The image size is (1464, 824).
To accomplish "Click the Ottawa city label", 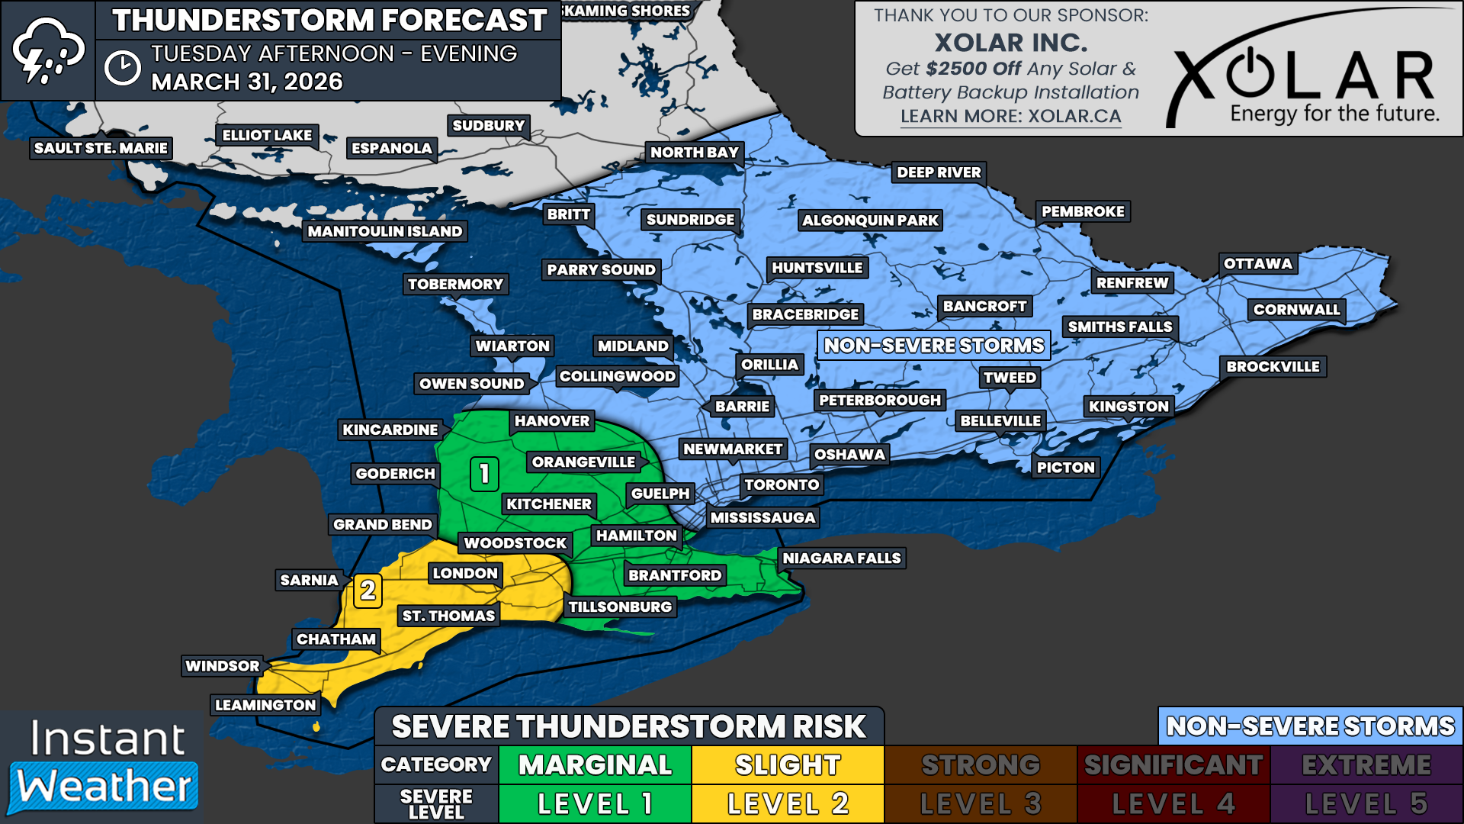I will tap(1257, 264).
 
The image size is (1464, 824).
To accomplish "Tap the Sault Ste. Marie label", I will tap(101, 148).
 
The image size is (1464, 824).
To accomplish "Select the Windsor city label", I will tap(222, 666).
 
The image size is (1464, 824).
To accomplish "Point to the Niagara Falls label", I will tap(841, 558).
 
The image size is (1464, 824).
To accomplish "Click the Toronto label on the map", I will tap(782, 484).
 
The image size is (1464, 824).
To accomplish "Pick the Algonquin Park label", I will tap(870, 220).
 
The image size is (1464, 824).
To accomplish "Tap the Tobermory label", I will tap(455, 285).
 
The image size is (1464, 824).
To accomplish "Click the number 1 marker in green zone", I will tap(484, 474).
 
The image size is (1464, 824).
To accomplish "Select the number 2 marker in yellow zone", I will tap(368, 591).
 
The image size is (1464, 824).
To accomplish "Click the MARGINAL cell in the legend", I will tap(595, 764).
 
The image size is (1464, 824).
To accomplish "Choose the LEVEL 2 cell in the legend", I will tap(788, 803).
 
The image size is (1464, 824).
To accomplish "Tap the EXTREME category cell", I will tap(1366, 764).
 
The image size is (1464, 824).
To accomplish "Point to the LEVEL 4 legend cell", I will tap(1173, 803).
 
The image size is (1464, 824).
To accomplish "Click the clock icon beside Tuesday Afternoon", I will tap(122, 68).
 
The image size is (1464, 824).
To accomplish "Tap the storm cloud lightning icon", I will tap(47, 50).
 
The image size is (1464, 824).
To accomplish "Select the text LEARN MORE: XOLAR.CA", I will tap(1010, 117).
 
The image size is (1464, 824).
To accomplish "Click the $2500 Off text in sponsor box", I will tap(973, 69).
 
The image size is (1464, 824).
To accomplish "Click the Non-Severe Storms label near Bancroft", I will tap(933, 346).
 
